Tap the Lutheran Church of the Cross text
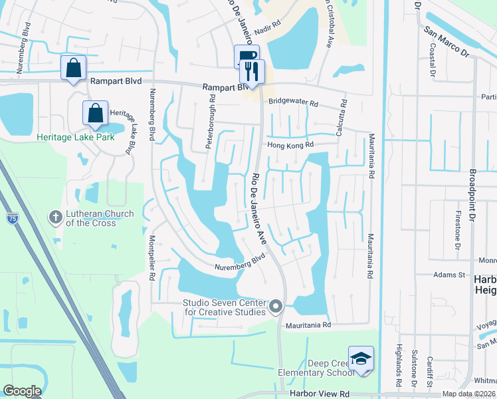click(x=100, y=218)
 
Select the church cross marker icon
click(x=56, y=217)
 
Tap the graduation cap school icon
click(x=361, y=358)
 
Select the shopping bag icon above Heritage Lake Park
click(x=96, y=113)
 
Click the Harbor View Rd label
click(x=318, y=394)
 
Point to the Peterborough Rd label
click(x=212, y=123)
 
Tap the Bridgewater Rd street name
click(x=294, y=104)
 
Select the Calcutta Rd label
click(x=344, y=118)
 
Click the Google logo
click(x=22, y=391)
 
